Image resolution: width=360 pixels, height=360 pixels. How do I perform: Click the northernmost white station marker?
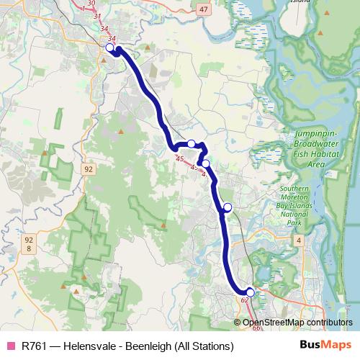pos(110,48)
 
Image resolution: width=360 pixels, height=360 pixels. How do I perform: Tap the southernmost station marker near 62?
pos(251,292)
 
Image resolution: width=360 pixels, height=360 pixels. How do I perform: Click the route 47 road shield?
pos(204,9)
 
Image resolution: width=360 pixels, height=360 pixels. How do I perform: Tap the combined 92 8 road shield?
pos(29,243)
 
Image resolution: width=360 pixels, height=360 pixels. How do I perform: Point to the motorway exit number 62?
pos(246,300)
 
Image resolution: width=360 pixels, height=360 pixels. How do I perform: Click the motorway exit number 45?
pos(179,158)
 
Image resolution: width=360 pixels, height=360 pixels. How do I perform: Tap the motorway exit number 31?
pos(98,16)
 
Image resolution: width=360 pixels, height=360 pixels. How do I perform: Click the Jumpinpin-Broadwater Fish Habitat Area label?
pos(320,149)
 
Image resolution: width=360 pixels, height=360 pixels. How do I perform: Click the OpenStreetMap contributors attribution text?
pos(297,323)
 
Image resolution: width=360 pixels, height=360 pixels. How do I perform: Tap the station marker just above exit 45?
pos(192,143)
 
